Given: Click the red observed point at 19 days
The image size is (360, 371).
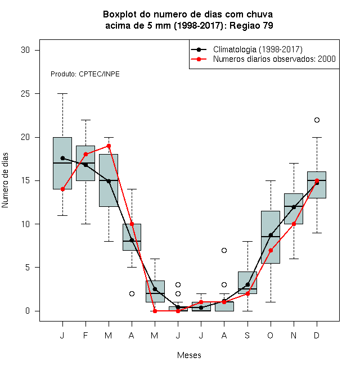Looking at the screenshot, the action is [109, 146].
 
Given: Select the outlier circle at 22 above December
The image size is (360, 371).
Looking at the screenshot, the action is [317, 120].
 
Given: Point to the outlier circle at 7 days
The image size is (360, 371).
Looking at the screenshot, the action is [224, 250].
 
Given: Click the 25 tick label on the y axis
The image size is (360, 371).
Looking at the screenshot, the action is [25, 94].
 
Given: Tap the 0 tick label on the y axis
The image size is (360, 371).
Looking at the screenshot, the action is [28, 311].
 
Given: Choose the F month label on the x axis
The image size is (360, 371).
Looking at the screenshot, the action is [85, 335].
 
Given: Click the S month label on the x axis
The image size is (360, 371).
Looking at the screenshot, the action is [247, 335].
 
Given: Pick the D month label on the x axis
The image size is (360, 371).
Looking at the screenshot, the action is [317, 335].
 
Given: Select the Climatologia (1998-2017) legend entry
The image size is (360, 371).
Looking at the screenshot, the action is [246, 49].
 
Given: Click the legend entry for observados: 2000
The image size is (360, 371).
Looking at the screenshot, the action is [263, 59].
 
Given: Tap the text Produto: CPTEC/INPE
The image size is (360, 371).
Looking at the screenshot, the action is [85, 74].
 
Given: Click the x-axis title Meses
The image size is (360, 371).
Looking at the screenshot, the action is [189, 355].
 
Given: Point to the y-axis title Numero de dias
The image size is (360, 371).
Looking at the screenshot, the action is [5, 180].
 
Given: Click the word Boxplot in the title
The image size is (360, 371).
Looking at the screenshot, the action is [120, 15].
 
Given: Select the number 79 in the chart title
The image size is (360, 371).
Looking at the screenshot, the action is [268, 25].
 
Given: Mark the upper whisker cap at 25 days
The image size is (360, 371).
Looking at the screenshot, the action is [62, 94].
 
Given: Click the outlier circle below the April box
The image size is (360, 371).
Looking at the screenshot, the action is [132, 293].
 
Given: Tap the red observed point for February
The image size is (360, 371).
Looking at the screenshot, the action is [85, 154].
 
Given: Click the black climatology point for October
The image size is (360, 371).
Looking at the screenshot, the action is [271, 235].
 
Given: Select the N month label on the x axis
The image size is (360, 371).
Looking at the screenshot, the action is [294, 335].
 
